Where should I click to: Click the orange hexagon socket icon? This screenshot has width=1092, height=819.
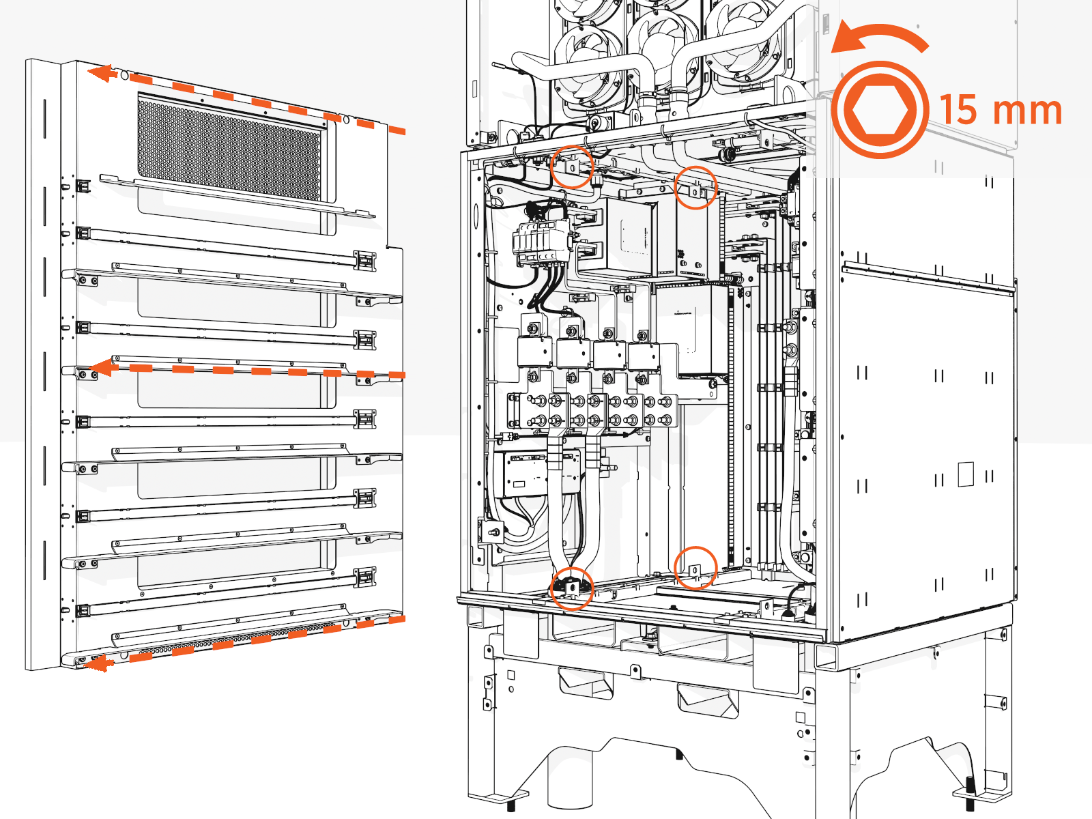[880, 110]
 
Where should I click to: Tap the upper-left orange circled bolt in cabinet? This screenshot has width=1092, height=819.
[572, 167]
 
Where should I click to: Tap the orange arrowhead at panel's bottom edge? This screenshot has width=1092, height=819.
[100, 663]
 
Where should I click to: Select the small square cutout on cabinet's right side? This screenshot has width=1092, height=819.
[965, 474]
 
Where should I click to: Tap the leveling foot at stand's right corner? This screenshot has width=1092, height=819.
[970, 792]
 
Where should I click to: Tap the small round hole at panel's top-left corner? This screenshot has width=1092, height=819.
[125, 73]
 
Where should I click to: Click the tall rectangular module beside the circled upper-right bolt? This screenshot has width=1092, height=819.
[698, 239]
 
